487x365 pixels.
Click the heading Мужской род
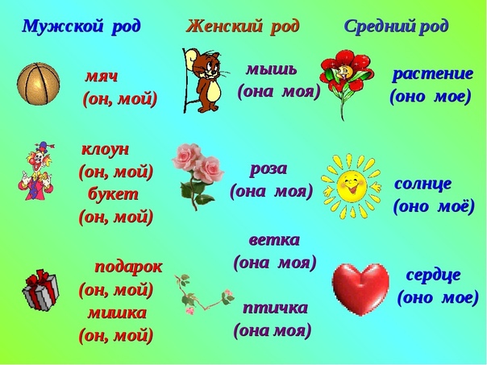81,26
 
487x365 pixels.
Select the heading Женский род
242,26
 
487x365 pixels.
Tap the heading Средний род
396,26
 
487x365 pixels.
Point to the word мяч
102,77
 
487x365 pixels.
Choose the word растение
432,74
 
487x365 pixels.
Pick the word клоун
105,149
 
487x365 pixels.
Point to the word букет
113,194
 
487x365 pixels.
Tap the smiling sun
351,185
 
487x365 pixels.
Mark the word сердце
433,274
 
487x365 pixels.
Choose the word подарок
128,266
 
